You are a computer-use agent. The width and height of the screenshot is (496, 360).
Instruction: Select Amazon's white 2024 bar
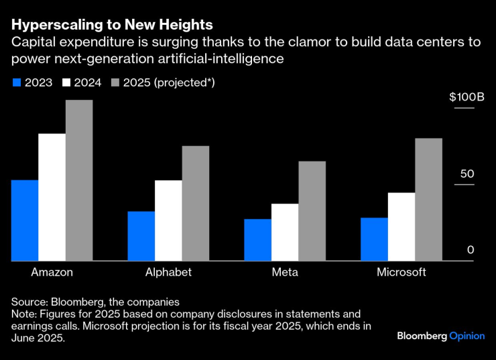[52, 197]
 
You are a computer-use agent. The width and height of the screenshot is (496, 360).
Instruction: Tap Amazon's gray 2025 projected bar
[79, 180]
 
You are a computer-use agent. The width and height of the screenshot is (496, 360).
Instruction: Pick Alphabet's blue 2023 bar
[141, 236]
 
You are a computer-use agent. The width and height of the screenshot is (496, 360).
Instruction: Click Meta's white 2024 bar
[285, 232]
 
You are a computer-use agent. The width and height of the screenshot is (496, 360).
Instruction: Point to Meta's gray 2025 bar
[312, 211]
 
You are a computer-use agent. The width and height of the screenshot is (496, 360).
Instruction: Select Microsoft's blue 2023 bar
[374, 239]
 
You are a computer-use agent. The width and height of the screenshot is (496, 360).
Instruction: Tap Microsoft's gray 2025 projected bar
[428, 199]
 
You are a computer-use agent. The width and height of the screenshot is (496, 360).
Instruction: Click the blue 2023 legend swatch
[16, 82]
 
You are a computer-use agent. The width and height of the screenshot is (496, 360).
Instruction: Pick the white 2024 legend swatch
[67, 82]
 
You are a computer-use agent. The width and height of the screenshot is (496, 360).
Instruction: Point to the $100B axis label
[467, 97]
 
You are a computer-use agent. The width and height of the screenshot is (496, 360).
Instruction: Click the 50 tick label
[467, 174]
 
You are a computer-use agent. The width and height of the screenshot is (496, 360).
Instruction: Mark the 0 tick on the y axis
[471, 250]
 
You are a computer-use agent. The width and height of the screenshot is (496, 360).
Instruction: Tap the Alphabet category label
[168, 272]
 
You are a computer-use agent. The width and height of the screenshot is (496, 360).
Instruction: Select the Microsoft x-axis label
[401, 272]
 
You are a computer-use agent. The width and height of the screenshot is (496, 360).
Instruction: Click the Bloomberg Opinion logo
[440, 335]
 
